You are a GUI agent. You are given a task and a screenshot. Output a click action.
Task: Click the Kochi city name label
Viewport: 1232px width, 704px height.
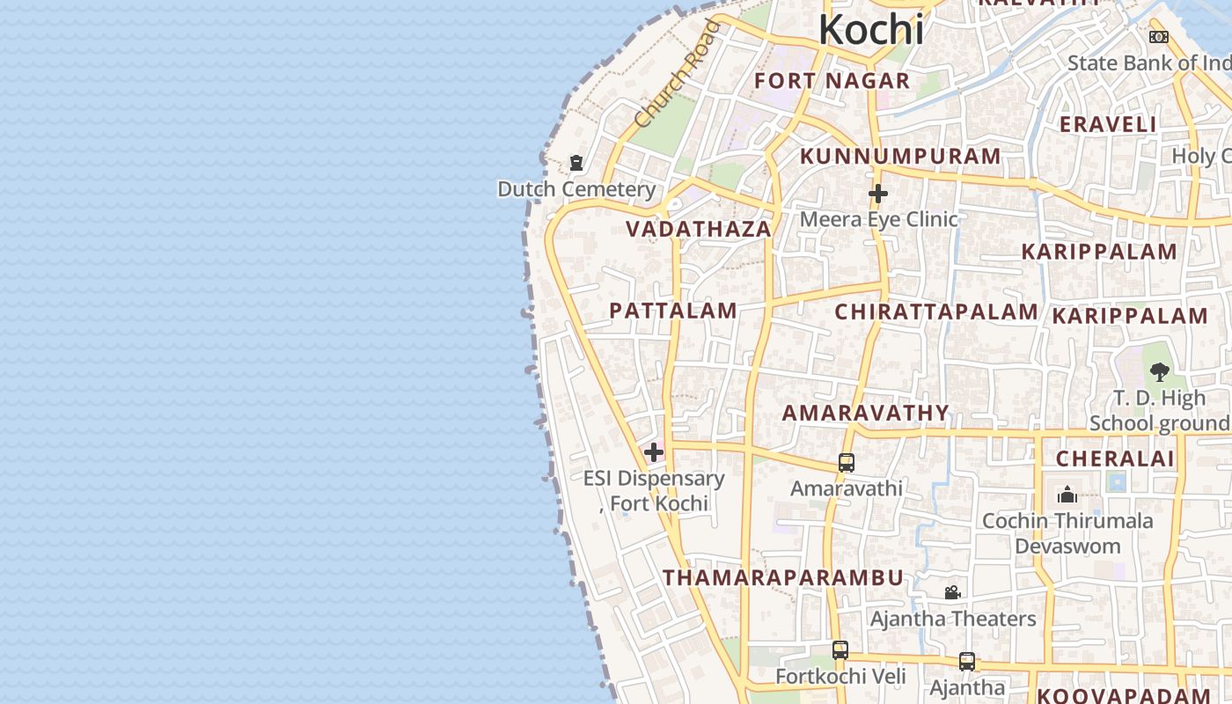(871, 30)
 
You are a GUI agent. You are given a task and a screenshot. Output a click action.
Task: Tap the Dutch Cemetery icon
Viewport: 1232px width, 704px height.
(576, 163)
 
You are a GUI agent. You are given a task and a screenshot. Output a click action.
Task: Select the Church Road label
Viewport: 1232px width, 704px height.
(677, 75)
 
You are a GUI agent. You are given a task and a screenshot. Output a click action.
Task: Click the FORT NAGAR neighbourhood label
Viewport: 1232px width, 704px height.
(832, 81)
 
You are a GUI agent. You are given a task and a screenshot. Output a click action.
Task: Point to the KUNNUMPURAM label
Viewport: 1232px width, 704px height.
(900, 157)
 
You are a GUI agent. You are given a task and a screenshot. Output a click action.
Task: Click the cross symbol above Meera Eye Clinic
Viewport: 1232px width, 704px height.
(877, 194)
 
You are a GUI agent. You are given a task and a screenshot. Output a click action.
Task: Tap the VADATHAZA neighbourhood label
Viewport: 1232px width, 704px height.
(699, 230)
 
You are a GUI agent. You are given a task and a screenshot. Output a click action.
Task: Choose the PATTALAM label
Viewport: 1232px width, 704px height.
(673, 311)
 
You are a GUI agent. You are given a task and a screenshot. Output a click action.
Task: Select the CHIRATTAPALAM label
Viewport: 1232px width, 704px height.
(936, 312)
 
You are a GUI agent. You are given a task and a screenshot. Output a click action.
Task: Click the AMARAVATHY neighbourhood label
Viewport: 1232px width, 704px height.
(866, 413)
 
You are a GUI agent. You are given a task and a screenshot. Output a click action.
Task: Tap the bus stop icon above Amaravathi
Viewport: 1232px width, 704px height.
(847, 462)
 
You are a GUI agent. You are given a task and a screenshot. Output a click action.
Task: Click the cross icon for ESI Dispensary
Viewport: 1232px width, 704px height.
(654, 453)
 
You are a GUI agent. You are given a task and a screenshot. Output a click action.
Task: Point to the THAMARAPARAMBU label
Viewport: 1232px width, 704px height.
(783, 578)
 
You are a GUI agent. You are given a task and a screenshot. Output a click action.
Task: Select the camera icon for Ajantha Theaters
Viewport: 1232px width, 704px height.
(952, 592)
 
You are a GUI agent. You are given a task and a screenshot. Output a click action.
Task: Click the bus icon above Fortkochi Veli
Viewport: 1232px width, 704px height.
(840, 650)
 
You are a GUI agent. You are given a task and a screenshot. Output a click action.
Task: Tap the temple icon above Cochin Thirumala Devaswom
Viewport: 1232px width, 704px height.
(1067, 494)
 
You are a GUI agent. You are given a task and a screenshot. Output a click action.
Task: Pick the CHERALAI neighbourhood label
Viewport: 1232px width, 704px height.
(1115, 458)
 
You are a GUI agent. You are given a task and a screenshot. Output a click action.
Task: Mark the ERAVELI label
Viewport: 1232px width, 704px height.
(1108, 125)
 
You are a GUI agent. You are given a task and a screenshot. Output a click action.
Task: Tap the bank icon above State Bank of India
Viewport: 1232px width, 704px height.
(1159, 37)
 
